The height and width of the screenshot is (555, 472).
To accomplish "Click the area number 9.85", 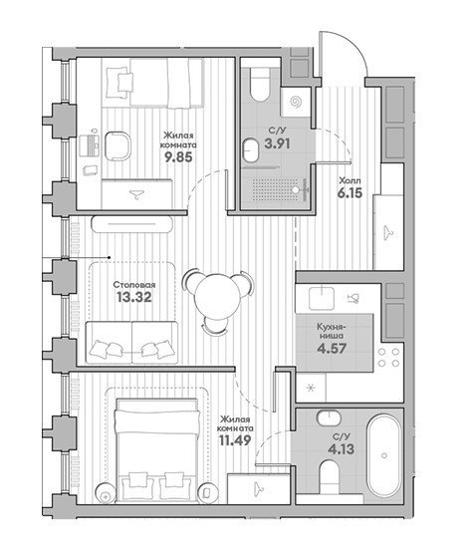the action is (178, 156).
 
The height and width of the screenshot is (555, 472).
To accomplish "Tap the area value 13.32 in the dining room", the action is (134, 297).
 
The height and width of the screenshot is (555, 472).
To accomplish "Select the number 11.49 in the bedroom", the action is (235, 440).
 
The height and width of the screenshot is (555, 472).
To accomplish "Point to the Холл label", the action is (350, 181).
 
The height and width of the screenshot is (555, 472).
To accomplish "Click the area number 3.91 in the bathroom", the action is (278, 143).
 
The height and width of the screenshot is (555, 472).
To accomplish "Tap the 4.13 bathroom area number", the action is (342, 449).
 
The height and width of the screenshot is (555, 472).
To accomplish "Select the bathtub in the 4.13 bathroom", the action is (384, 456).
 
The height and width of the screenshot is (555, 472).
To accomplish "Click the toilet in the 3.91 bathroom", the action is (260, 85).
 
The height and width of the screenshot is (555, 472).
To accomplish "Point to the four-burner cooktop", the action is (388, 358).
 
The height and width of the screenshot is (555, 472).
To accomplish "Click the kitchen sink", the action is (322, 298).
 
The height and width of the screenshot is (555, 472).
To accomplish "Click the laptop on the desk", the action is (89, 145).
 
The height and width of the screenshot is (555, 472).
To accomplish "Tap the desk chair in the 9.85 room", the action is (118, 145).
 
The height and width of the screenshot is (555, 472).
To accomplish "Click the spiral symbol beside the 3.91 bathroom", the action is (296, 102).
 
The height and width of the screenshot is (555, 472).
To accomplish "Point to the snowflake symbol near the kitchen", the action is (311, 389).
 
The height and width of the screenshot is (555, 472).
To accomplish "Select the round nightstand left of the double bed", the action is (106, 492).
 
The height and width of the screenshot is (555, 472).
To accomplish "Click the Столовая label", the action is (134, 285).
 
